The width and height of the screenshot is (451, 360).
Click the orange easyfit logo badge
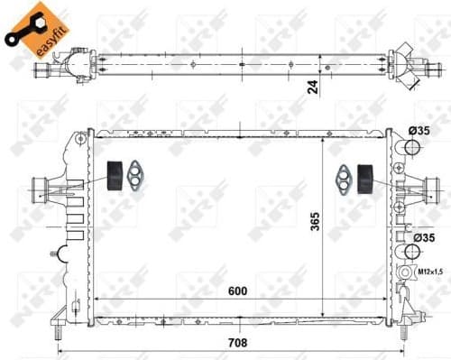36,27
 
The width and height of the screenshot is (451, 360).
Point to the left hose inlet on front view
41,189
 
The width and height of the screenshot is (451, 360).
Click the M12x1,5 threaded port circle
400,271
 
